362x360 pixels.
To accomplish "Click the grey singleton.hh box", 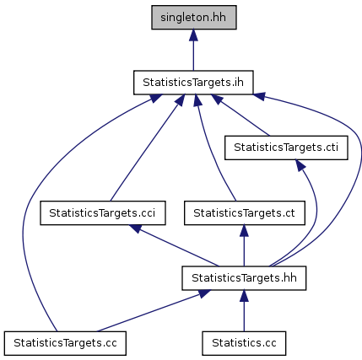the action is tap(194, 17).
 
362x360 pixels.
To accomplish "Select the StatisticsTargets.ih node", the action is tap(193, 83).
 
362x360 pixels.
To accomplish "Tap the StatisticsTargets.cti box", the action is tap(286, 148).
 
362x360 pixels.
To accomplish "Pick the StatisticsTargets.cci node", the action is tap(103, 212).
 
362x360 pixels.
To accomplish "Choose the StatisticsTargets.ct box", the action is tap(245, 212).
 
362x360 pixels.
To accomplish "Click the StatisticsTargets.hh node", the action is tap(244, 278).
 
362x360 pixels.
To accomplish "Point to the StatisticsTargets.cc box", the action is tap(65, 343).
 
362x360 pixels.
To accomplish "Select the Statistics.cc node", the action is tap(244, 343).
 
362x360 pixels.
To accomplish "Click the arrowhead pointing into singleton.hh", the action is tap(193, 35).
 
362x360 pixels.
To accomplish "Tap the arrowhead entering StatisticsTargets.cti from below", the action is tap(300, 165).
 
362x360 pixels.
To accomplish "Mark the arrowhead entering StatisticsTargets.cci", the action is tap(136, 228).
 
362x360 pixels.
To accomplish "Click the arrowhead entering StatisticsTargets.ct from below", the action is tap(244, 231).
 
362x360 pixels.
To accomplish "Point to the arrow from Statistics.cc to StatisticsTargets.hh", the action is tap(244, 311).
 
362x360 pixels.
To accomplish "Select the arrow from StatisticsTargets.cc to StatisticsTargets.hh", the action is tap(154, 311).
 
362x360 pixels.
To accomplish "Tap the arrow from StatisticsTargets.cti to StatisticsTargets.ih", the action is tap(240, 116).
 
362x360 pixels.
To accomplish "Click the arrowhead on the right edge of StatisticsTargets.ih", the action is tap(259, 96).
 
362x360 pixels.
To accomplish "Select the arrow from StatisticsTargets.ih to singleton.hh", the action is tap(193, 50).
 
